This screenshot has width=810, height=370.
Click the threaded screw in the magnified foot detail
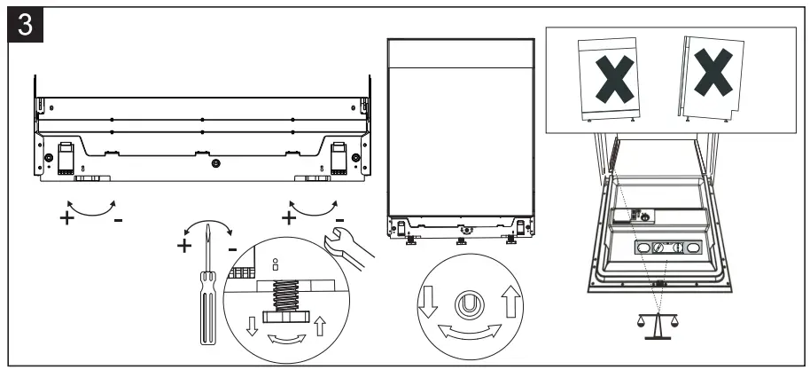[284, 294]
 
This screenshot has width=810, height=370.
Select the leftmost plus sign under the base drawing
[66, 216]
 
